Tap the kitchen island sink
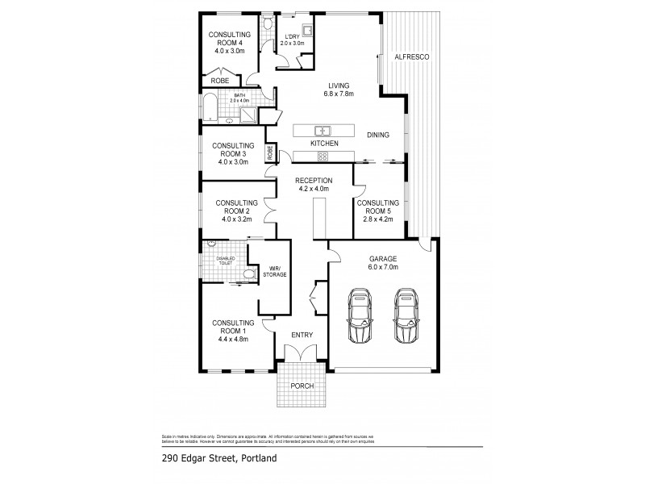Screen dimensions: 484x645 tap(322, 130)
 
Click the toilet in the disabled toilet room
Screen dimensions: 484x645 tap(248, 275)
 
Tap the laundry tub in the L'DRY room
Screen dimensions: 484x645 tap(307, 33)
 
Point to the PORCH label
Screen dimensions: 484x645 tap(302, 386)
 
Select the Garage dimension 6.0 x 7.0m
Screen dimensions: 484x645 tap(385, 268)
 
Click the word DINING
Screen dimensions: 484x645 tap(379, 136)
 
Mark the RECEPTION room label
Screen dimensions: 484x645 tap(314, 181)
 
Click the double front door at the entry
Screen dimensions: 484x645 tap(302, 353)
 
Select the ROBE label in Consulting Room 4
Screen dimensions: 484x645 tap(220, 81)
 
